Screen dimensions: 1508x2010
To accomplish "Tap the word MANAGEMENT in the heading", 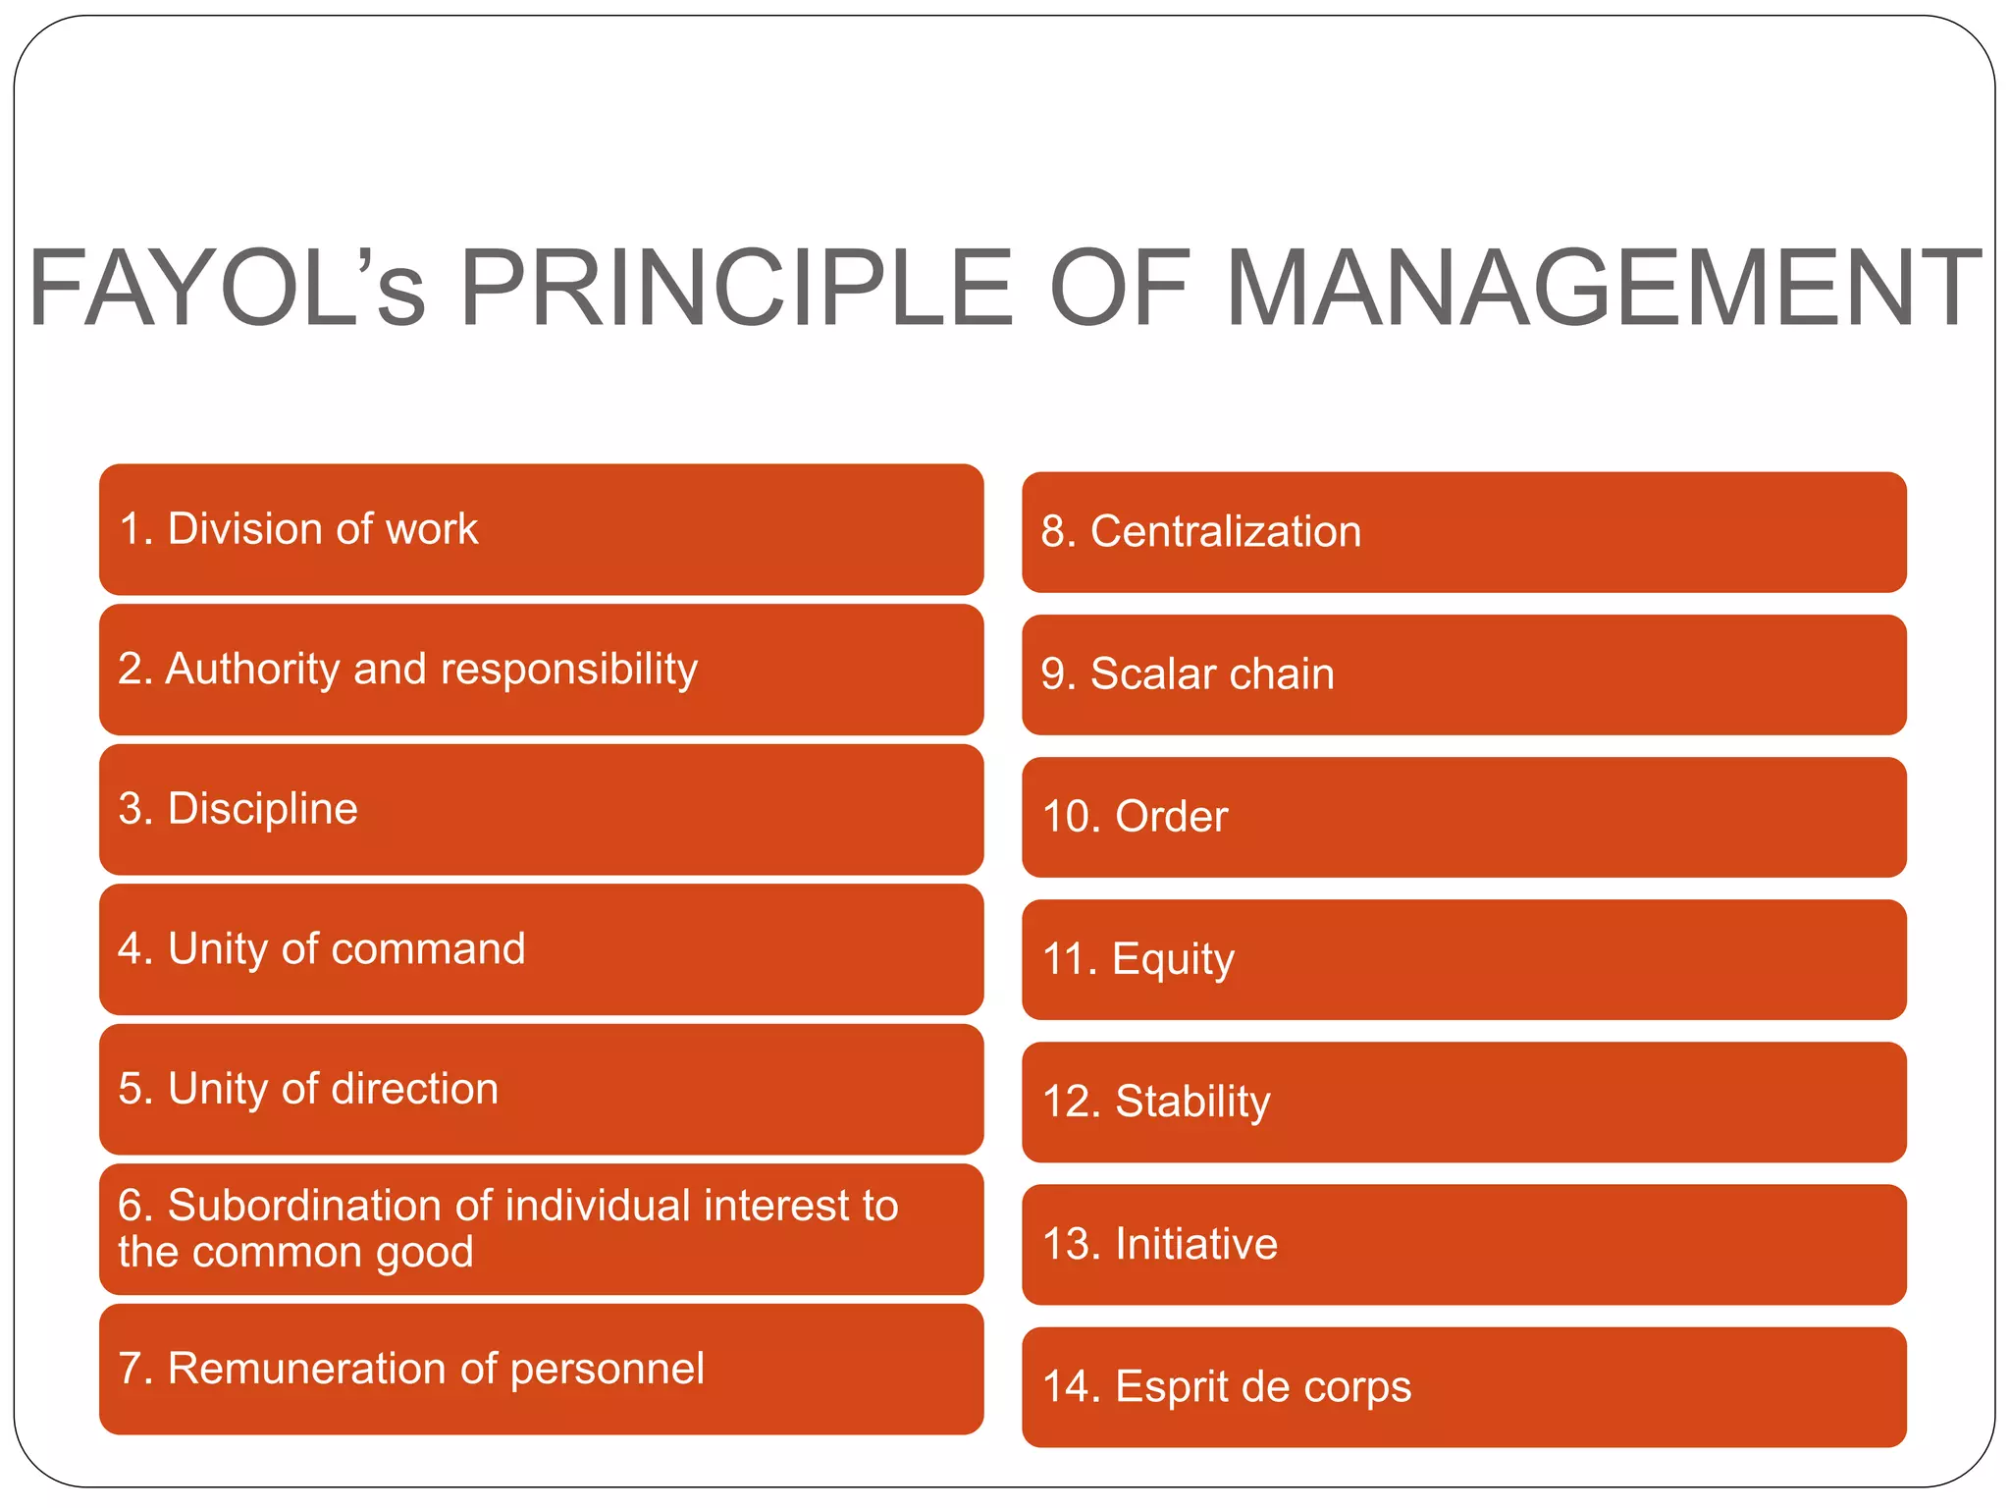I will (1604, 289).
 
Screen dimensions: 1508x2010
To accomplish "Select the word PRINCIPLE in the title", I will (736, 289).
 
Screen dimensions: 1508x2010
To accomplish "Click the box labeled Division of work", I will (541, 529).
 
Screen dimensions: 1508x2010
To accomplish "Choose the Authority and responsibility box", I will (541, 670).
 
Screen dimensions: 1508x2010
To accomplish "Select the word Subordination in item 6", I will (329, 1206).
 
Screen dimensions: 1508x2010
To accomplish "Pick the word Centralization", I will (1226, 532).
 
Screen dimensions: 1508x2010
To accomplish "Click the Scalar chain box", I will (1463, 674).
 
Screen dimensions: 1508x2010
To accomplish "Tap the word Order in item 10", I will (1172, 817).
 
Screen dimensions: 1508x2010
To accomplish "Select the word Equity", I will (1173, 960).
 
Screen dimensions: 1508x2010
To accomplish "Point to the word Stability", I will (1192, 1103).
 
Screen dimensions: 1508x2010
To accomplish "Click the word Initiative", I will (1196, 1245).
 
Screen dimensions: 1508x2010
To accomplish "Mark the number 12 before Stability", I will (1066, 1103).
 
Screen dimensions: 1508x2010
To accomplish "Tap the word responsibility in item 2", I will (569, 670).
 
